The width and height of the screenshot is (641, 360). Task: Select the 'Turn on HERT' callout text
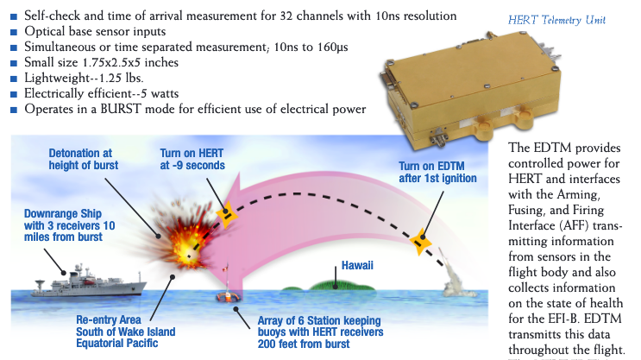[192, 159]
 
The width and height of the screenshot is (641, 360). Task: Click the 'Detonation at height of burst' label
[84, 158]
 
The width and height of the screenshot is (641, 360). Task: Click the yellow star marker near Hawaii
[421, 242]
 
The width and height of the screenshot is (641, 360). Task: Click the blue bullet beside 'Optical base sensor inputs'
[15, 31]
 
